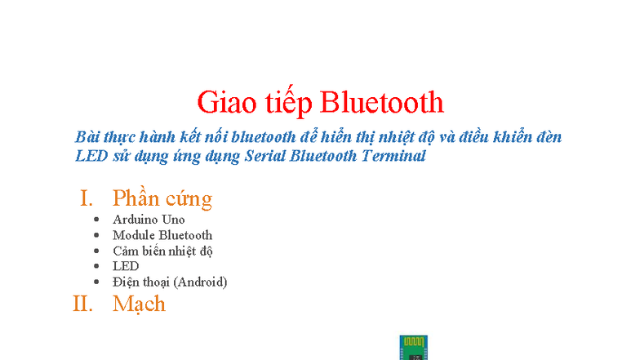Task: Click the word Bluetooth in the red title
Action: click(x=382, y=102)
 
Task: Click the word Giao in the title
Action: click(x=222, y=102)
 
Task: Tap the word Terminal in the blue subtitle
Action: click(x=393, y=156)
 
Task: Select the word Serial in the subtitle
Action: click(x=266, y=156)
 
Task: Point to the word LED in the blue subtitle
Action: click(x=87, y=156)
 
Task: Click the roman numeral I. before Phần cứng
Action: click(x=87, y=198)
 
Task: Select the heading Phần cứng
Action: click(x=162, y=198)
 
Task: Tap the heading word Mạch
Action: click(x=139, y=304)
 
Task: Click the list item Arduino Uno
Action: click(x=149, y=220)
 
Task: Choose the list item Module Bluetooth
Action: click(x=162, y=235)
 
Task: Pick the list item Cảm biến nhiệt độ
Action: click(x=162, y=251)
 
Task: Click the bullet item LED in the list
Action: click(x=126, y=266)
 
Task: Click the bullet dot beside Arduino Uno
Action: click(x=96, y=220)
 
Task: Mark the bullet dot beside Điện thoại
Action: click(x=96, y=282)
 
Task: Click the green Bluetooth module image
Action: click(x=414, y=347)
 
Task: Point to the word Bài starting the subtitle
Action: click(x=86, y=136)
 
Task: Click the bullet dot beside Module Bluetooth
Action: click(x=96, y=235)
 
